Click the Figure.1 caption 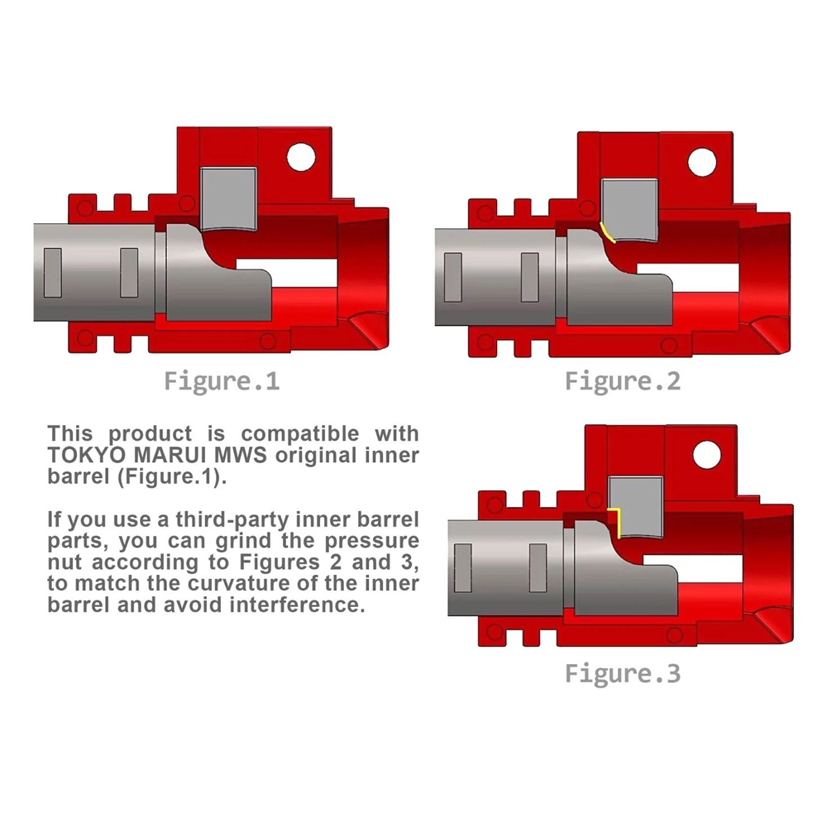click(x=221, y=382)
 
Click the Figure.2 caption click(x=623, y=381)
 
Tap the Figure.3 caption click(x=623, y=673)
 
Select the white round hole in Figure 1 click(x=301, y=155)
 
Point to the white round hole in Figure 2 click(x=702, y=160)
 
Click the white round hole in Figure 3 click(x=707, y=453)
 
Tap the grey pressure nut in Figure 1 click(x=230, y=198)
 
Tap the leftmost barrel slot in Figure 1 click(x=52, y=272)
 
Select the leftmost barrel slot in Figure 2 click(x=452, y=276)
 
